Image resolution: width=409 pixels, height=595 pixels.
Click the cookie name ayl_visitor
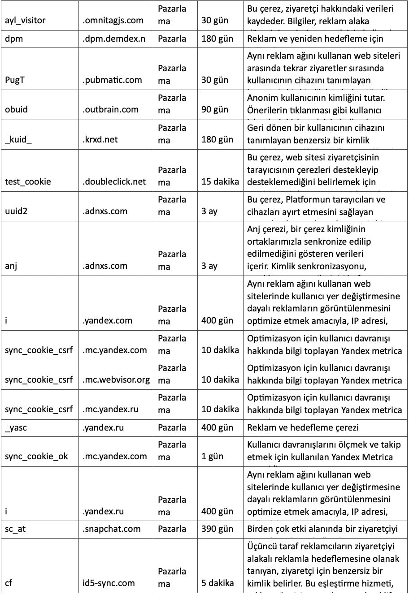[25, 20]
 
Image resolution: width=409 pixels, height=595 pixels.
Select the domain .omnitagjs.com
[113, 20]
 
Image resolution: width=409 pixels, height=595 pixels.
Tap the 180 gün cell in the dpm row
[217, 39]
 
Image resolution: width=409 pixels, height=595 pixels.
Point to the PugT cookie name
[17, 80]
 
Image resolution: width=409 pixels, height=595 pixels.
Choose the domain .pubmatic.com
[112, 80]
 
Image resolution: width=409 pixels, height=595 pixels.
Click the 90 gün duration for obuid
[214, 109]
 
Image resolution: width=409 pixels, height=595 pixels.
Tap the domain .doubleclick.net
[114, 181]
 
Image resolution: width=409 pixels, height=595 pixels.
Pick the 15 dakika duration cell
[220, 181]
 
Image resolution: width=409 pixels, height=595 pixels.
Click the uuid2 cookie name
[16, 211]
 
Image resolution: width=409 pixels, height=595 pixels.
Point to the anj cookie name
[11, 266]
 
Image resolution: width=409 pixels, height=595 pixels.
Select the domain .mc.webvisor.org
[116, 379]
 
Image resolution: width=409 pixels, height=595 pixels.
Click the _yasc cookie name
[16, 427]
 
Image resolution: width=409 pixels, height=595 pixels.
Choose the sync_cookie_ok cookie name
[37, 456]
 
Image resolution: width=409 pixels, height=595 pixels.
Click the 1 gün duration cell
[212, 456]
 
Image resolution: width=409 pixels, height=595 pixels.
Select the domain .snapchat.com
[111, 529]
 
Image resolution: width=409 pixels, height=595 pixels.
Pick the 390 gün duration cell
[217, 529]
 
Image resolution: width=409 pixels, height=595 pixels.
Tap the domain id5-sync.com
[109, 583]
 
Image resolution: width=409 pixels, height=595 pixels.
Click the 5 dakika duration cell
[218, 583]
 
